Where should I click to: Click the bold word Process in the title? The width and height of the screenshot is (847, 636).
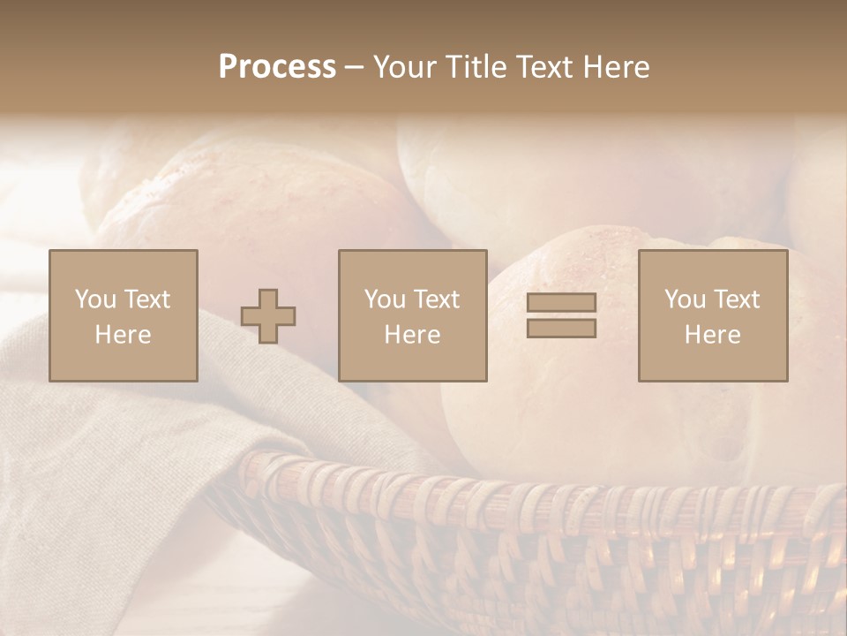277,67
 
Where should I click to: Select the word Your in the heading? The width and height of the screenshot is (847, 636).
406,67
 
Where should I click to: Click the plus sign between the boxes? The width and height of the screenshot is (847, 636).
268,315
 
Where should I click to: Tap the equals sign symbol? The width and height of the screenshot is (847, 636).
561,315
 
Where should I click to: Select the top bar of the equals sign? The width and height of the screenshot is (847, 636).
561,303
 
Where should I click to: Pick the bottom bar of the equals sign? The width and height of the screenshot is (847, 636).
561,328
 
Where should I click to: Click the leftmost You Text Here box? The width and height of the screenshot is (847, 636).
124,315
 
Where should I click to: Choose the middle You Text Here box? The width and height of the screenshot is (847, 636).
413,315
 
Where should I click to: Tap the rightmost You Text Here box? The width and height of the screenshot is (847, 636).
713,315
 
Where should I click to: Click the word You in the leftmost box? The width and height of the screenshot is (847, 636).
94,299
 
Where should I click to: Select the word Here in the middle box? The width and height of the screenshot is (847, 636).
413,335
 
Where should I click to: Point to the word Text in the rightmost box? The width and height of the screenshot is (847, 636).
735,299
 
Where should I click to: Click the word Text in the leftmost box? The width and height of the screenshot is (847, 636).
146,299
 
